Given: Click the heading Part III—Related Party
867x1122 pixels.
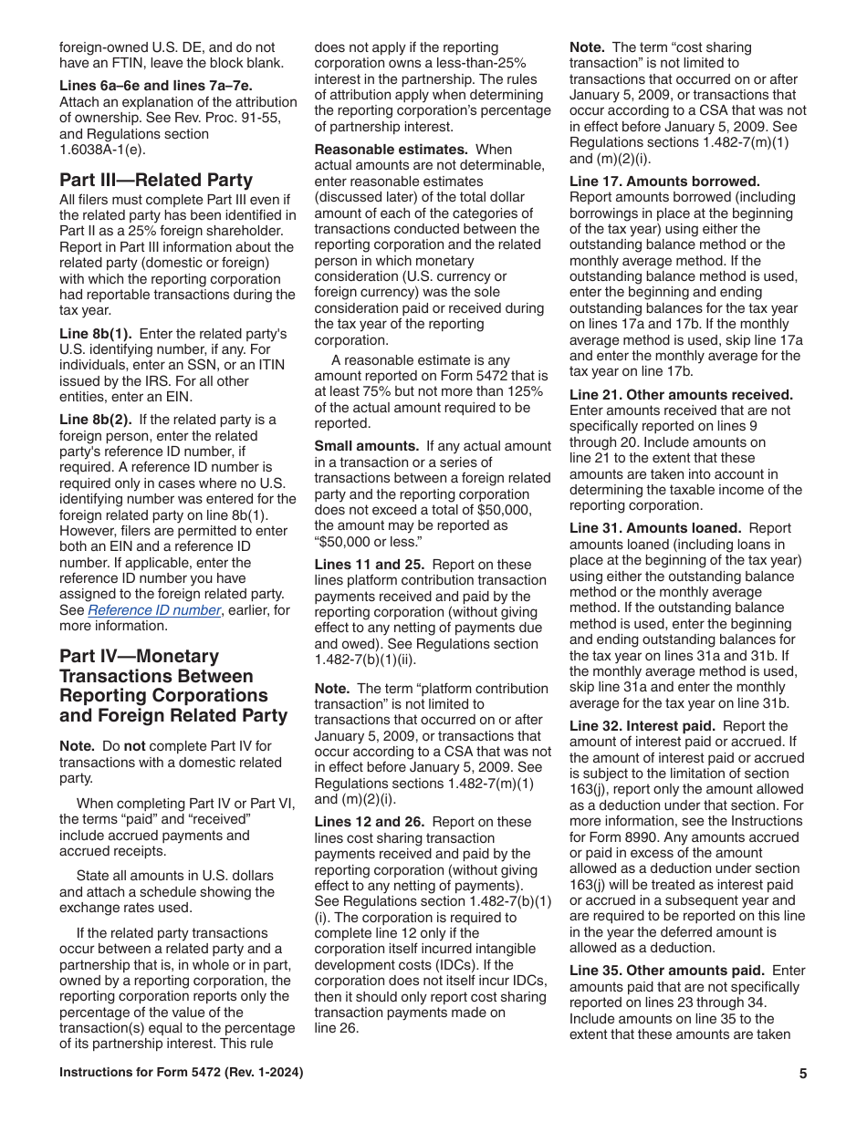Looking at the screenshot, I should click(156, 180).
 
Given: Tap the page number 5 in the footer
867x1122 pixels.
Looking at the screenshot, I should click(803, 1074).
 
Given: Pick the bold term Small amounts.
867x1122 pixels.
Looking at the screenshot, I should click(366, 446).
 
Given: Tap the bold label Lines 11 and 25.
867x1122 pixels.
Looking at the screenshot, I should click(370, 565).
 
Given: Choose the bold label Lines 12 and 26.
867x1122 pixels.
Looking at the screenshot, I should click(370, 822).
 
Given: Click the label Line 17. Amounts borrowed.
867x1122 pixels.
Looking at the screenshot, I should click(664, 182).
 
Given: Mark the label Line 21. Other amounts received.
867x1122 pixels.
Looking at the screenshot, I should click(681, 395).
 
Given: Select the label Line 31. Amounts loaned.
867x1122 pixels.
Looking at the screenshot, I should click(655, 528).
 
